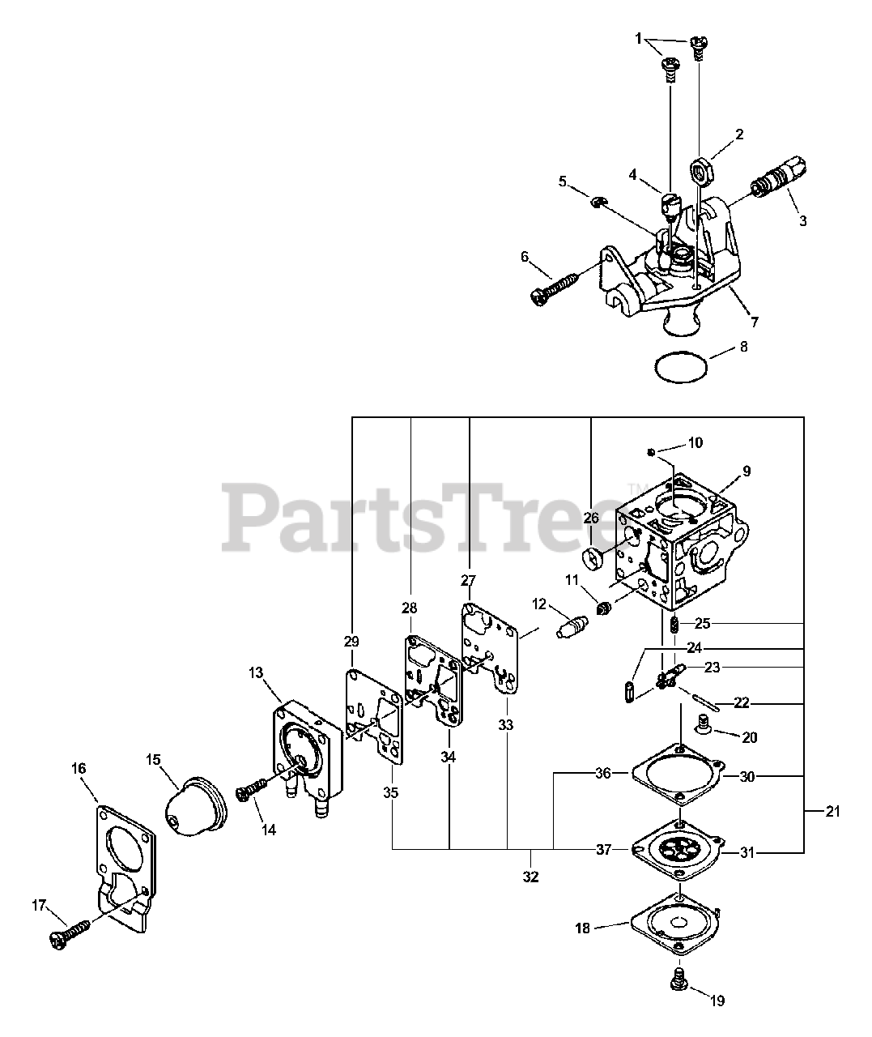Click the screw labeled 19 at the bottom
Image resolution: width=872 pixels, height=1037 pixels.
(x=676, y=980)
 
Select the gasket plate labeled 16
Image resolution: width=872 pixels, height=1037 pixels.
(x=122, y=859)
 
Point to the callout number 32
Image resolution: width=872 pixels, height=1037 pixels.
(x=531, y=876)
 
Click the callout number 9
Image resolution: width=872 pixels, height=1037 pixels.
(x=746, y=471)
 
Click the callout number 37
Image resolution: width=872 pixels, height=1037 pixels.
(x=603, y=849)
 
